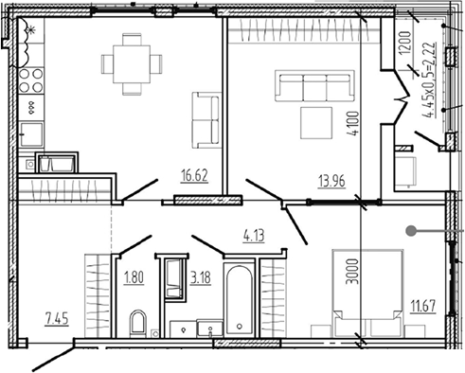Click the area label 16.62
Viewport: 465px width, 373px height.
194,175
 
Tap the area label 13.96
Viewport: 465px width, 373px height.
331,182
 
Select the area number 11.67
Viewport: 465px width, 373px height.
423,306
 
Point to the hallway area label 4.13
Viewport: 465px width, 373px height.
254,236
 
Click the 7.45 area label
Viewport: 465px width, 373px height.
57,319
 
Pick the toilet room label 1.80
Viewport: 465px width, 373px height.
134,278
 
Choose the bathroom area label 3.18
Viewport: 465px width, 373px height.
201,278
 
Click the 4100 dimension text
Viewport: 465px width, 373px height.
353,123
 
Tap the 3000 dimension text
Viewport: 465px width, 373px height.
352,272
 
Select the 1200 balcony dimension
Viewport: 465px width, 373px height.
404,42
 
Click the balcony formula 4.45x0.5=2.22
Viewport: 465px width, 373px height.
430,80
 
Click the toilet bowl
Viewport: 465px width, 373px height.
138,323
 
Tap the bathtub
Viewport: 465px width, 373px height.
240,299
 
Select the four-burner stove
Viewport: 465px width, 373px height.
31,80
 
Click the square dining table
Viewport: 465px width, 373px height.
132,64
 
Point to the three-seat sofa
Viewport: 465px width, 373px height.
314,85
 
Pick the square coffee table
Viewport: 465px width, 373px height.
316,123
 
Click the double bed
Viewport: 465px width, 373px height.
367,293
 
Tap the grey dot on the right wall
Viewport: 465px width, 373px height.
410,231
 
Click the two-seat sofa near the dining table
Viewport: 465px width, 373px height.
206,120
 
